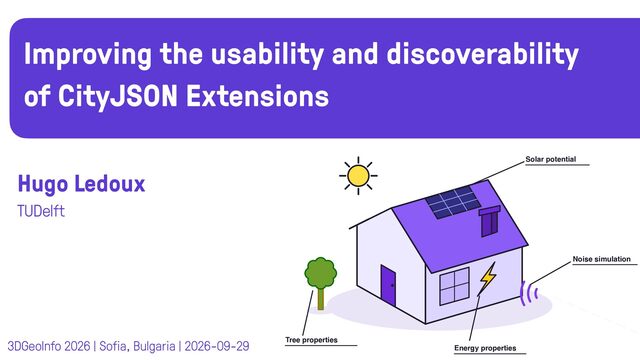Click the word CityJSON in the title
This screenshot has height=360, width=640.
point(118,97)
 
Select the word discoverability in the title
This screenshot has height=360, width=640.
point(482,55)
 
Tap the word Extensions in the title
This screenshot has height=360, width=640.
point(257,96)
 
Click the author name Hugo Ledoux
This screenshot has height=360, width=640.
point(81,184)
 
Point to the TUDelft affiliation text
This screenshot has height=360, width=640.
point(41,211)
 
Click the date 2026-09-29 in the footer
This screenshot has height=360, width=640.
point(217,346)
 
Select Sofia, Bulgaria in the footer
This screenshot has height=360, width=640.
point(137,347)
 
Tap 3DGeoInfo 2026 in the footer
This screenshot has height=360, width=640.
point(49,346)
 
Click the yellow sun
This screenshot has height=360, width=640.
point(358,176)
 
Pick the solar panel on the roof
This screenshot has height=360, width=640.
point(453,202)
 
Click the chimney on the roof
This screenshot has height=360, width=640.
point(489,221)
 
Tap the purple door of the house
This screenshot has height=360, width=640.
point(388,285)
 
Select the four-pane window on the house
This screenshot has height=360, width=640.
point(454,287)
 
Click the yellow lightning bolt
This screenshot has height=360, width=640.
point(487,278)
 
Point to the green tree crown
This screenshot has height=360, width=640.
point(321,273)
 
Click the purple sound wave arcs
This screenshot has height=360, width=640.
point(529,293)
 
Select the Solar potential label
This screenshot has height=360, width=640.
point(551,159)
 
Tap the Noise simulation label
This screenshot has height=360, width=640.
point(602,259)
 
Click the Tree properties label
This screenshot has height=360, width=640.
point(311,340)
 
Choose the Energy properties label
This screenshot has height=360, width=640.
point(485,348)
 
